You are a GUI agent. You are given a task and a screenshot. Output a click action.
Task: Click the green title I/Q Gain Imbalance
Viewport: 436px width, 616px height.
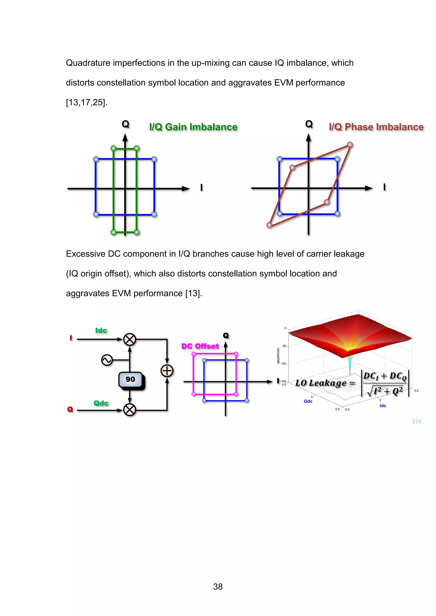(193, 127)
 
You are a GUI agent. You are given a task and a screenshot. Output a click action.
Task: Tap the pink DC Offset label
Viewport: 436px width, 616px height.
(200, 346)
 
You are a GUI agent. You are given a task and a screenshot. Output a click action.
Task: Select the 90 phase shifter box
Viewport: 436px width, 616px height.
(131, 379)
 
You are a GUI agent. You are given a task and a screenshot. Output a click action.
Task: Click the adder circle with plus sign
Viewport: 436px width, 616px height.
(167, 371)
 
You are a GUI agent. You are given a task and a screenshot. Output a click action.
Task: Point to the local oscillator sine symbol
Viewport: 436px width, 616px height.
(107, 360)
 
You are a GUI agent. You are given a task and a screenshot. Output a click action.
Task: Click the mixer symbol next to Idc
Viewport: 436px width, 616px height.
(130, 339)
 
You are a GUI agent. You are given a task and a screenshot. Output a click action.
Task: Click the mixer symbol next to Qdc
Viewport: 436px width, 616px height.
(130, 410)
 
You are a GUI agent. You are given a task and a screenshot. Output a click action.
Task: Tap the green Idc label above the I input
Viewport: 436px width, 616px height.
(101, 331)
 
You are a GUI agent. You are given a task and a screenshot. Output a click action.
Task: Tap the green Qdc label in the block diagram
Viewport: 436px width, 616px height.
(101, 403)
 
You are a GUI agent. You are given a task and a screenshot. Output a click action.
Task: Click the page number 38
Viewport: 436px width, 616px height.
(218, 587)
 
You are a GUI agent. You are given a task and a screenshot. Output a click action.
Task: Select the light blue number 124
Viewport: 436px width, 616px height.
(416, 421)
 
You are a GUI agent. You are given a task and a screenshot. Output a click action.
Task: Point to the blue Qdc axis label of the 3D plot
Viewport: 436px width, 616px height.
(308, 401)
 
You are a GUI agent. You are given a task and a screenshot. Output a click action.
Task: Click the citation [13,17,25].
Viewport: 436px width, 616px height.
(86, 102)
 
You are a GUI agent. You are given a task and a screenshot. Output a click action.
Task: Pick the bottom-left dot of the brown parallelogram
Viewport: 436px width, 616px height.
(269, 225)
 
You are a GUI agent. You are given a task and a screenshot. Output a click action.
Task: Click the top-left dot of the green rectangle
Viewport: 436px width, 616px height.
(113, 148)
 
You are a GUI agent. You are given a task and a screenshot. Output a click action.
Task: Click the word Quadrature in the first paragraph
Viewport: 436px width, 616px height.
(88, 63)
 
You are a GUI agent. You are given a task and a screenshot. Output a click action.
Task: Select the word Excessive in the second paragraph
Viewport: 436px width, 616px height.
(86, 254)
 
